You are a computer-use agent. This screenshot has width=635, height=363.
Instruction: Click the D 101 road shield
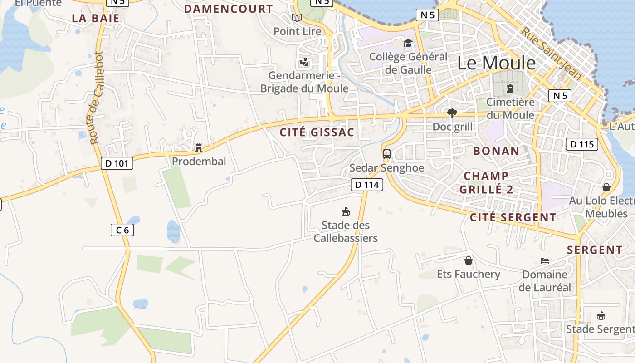click(117, 163)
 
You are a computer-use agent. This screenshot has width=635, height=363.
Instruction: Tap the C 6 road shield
click(122, 230)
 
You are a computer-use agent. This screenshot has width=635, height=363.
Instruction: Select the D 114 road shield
click(367, 185)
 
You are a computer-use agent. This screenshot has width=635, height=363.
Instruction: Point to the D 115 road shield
click(582, 145)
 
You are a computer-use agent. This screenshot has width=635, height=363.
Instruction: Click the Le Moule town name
click(496, 63)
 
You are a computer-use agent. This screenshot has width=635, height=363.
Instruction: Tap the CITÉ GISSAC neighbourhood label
click(317, 132)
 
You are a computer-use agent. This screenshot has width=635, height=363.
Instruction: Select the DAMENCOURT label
click(229, 9)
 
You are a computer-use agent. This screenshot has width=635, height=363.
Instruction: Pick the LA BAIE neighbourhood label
click(96, 19)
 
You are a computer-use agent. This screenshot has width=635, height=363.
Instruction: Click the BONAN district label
click(496, 151)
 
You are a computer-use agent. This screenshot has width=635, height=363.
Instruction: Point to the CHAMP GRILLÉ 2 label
click(486, 183)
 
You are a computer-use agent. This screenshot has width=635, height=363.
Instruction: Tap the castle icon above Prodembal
click(198, 148)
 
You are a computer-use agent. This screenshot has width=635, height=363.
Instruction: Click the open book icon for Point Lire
click(297, 18)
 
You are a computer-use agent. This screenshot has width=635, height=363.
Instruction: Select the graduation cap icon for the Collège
click(408, 44)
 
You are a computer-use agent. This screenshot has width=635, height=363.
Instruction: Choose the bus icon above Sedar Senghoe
click(387, 154)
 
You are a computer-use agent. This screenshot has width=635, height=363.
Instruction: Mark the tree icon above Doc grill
click(452, 113)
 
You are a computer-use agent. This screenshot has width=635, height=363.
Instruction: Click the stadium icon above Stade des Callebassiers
click(346, 211)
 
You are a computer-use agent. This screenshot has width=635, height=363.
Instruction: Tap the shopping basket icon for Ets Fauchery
click(469, 260)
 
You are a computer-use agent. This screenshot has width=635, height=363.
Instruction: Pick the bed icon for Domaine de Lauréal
click(545, 261)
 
